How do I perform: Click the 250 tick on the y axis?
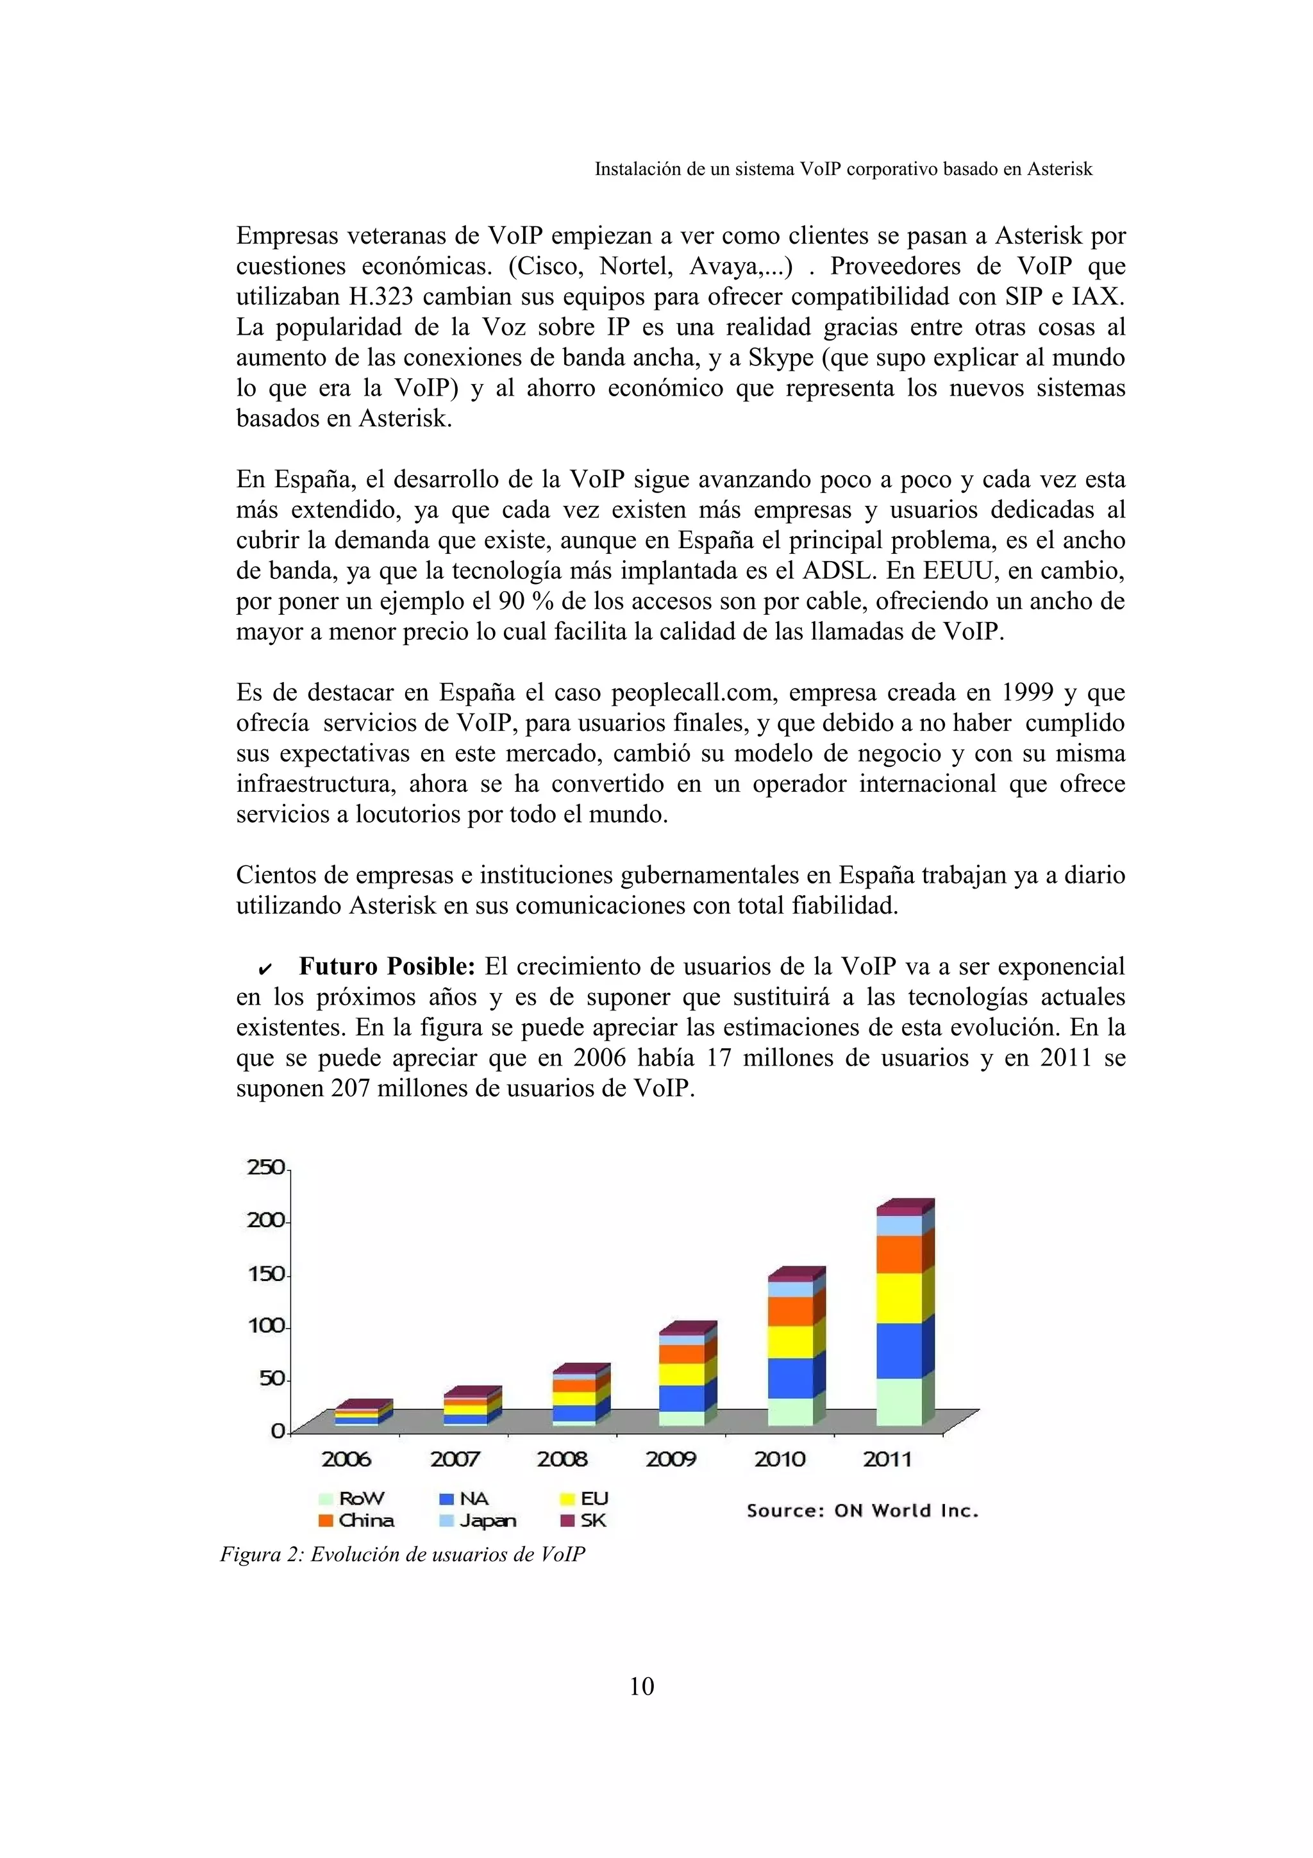click(x=266, y=1168)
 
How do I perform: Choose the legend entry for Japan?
click(x=478, y=1521)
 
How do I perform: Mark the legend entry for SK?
click(x=584, y=1521)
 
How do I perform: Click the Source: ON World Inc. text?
click(x=862, y=1511)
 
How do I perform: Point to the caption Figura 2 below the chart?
click(x=402, y=1555)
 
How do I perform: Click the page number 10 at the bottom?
click(x=642, y=1686)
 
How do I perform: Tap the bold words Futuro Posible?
click(x=387, y=966)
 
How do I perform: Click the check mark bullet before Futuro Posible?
click(x=265, y=969)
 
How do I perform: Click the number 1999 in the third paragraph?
click(x=1028, y=692)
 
